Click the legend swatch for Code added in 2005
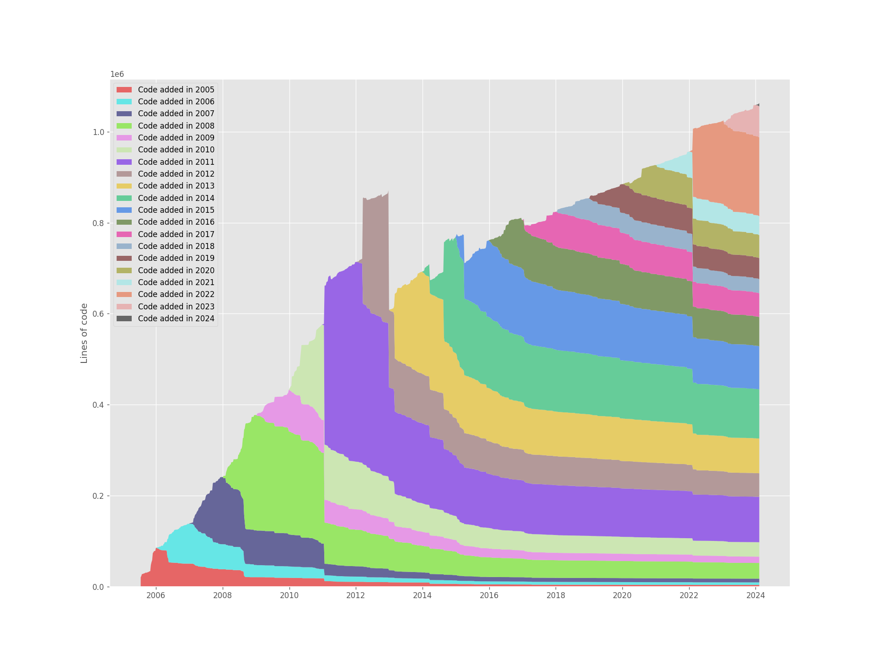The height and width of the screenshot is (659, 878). (x=124, y=90)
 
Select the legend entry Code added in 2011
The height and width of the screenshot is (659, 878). (x=176, y=162)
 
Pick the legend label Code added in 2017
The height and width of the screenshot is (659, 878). (x=176, y=234)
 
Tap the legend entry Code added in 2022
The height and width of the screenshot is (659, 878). (x=176, y=294)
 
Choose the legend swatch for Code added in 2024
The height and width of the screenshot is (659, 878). (x=124, y=319)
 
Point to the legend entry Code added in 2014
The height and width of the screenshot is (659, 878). (x=176, y=198)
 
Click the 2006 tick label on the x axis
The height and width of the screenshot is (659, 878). (x=156, y=595)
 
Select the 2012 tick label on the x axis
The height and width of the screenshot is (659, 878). (x=356, y=595)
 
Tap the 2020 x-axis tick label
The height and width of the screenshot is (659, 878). (x=622, y=595)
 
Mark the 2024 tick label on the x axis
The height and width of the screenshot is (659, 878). (x=755, y=595)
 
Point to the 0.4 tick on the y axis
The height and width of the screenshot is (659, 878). (x=99, y=405)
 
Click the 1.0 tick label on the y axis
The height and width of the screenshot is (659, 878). (x=99, y=132)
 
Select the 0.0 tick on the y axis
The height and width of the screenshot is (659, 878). (x=99, y=587)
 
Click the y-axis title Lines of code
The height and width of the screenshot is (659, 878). (x=84, y=333)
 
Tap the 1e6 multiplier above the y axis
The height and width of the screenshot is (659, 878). (x=117, y=75)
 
